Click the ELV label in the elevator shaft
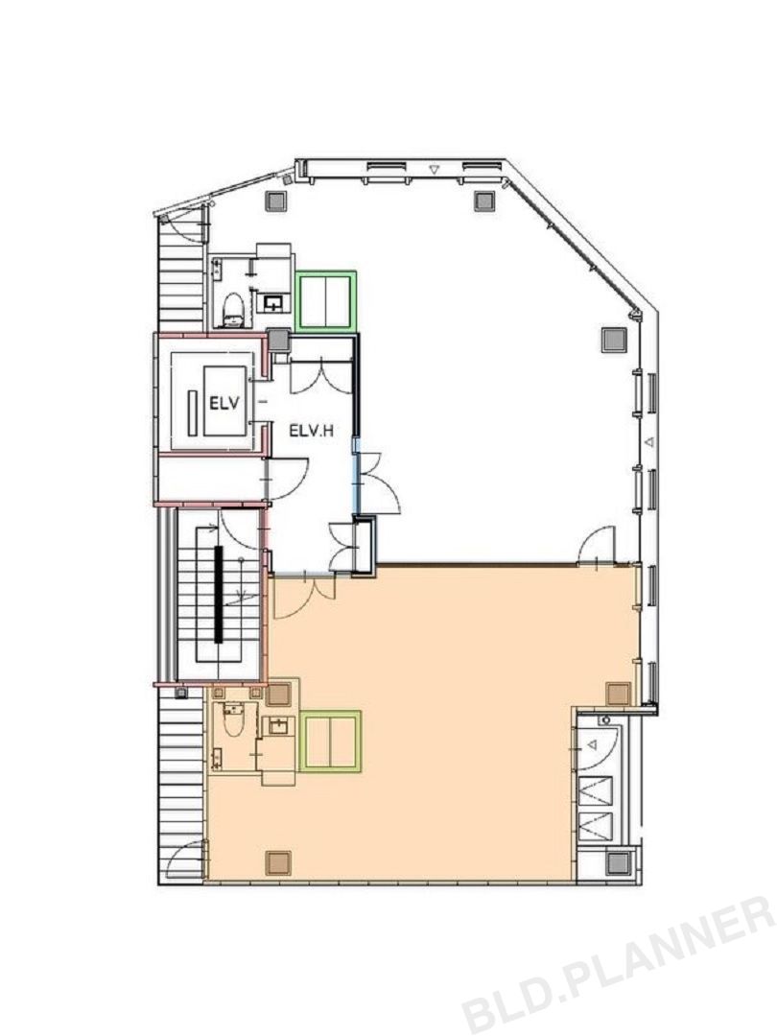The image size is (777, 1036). coord(224,402)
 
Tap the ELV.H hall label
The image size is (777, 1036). coord(311,432)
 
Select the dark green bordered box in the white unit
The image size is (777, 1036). coord(326,300)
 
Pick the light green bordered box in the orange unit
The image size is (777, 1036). coord(330,742)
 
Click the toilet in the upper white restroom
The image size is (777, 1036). coord(233,311)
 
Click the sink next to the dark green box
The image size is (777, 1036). coord(273,303)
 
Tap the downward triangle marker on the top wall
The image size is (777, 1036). coord(434,170)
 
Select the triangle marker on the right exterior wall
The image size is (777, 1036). coord(649,440)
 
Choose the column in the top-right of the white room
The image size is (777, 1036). coord(484,200)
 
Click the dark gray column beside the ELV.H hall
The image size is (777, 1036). coord(279,341)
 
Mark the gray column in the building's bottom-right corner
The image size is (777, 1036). coord(620,862)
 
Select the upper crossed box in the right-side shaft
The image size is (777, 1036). coord(596,791)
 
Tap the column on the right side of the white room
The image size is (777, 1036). coord(612,340)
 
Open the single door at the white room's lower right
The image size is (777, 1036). coord(598,545)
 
